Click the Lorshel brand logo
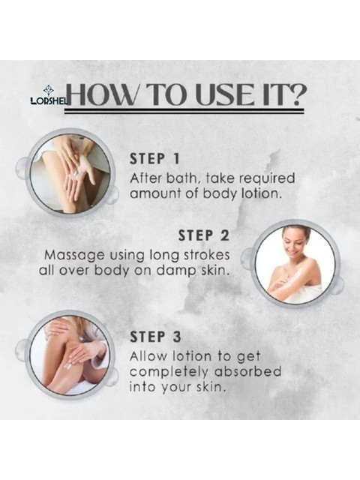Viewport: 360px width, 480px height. [x=49, y=96]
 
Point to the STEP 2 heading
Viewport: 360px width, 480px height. [x=203, y=235]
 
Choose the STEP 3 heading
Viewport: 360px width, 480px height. [x=155, y=337]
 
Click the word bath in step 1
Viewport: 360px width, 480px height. [x=183, y=178]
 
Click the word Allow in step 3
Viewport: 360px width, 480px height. [x=149, y=356]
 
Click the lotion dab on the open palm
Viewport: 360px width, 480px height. [x=75, y=175]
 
